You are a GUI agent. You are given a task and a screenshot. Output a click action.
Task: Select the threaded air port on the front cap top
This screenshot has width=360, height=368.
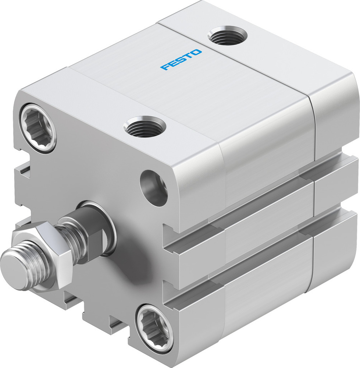pos(145,127)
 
